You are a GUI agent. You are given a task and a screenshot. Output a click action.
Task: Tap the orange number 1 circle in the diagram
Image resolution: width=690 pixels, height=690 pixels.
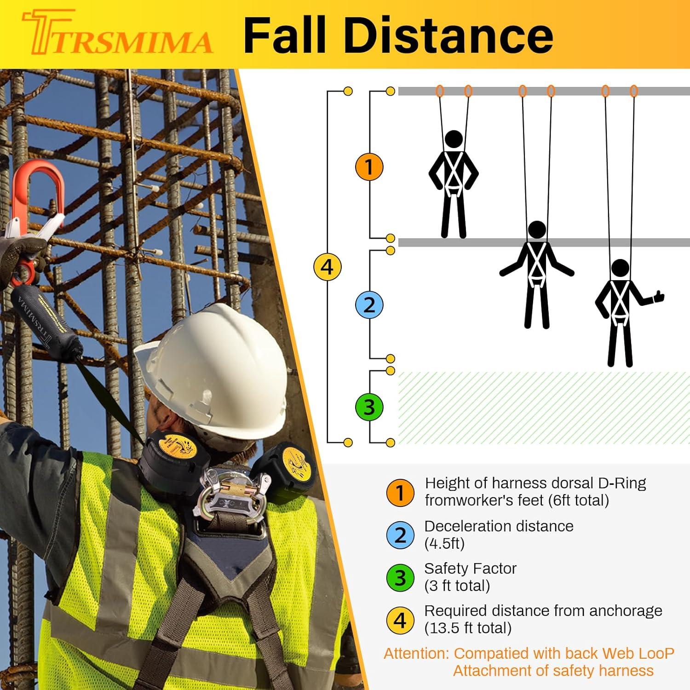click(369, 167)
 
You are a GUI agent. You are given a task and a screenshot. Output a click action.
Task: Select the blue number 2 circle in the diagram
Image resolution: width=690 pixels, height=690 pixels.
click(369, 305)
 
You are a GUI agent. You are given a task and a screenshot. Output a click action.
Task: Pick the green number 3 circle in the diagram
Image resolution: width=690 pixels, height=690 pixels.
click(369, 407)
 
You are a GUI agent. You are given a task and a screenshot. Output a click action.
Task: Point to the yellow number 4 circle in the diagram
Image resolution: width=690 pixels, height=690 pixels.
click(327, 266)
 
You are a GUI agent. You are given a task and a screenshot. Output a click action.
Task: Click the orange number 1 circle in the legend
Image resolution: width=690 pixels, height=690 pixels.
click(400, 493)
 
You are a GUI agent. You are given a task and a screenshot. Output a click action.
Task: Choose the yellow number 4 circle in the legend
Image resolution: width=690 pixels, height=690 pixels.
click(400, 620)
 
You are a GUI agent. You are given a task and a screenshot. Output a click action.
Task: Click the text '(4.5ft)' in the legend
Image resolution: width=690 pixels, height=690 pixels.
click(444, 544)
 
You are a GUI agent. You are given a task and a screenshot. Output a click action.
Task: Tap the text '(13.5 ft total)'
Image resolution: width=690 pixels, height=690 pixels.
click(468, 628)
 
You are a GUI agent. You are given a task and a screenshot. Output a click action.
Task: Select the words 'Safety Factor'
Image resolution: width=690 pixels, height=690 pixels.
click(470, 569)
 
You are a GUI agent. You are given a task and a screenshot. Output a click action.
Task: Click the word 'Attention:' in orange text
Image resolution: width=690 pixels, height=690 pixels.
click(417, 654)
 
